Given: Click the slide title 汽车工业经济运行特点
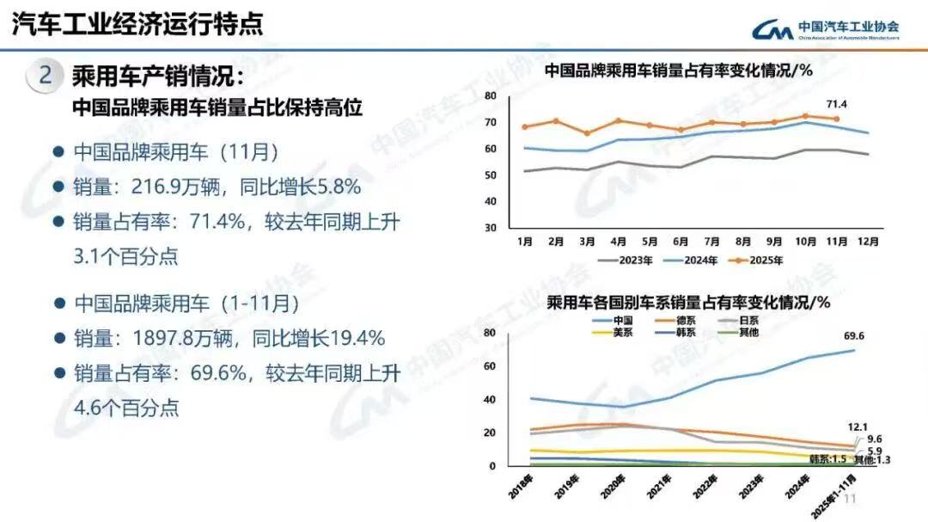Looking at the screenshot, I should tap(137, 23).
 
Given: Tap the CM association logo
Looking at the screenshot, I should tap(774, 30).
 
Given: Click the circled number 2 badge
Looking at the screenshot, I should tap(46, 76).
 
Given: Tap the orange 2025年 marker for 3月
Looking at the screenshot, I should tap(587, 133).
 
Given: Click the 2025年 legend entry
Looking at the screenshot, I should tap(755, 260).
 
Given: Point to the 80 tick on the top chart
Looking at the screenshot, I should tap(491, 95).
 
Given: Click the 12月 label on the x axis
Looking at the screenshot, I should tap(868, 242).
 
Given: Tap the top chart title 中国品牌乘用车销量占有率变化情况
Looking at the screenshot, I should tap(679, 71).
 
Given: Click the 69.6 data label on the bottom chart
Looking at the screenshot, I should tap(854, 335).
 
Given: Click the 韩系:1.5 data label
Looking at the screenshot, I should tap(827, 460).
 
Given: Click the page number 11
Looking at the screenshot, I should tap(852, 499).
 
